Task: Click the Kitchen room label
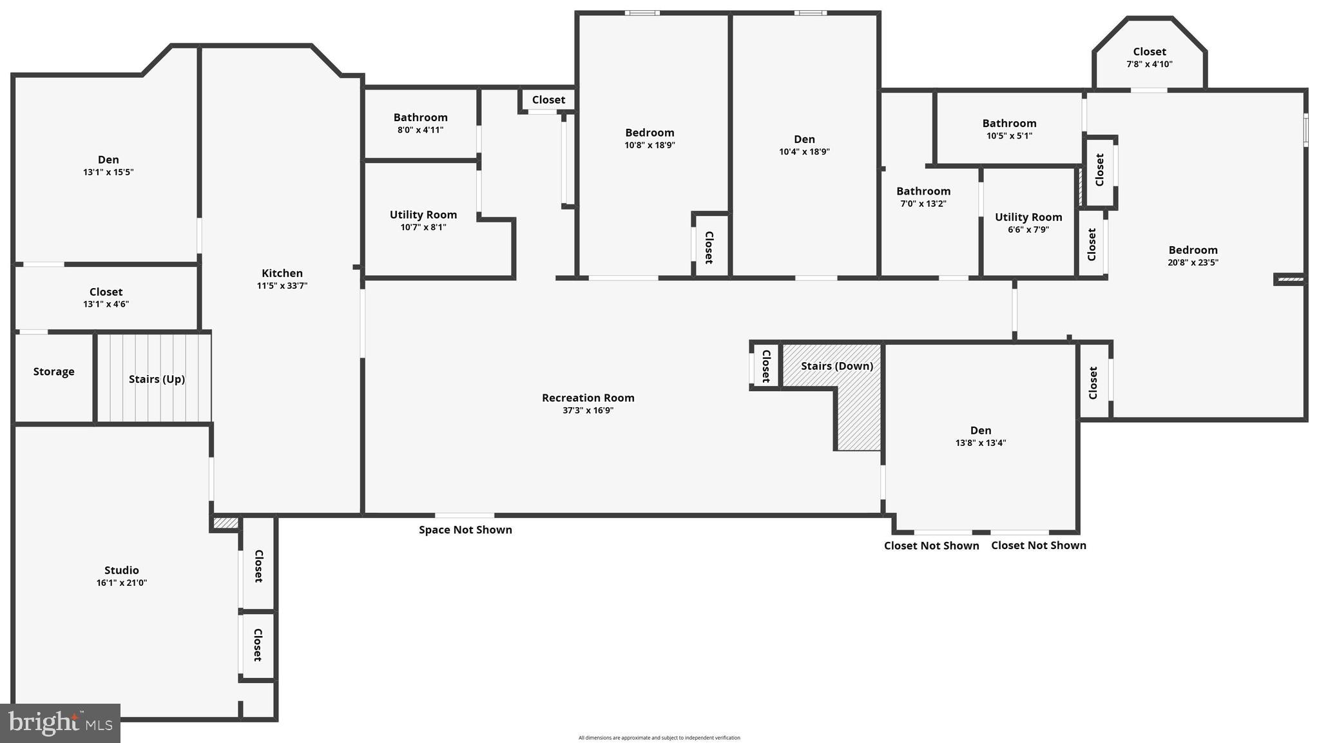(282, 273)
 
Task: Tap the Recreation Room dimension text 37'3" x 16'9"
(588, 410)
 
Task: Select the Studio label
(121, 570)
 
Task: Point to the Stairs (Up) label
(157, 379)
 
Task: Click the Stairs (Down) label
(837, 366)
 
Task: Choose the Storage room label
(53, 372)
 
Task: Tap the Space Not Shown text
(465, 530)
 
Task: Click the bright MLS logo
(60, 723)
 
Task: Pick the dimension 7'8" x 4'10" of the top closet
(1149, 64)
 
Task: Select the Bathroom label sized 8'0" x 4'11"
(420, 117)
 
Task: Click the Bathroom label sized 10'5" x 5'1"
(1009, 123)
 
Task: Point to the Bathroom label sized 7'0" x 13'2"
(923, 191)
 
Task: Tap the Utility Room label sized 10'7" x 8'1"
(423, 215)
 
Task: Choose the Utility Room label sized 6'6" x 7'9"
(1028, 217)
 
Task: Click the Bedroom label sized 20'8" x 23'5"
(1193, 250)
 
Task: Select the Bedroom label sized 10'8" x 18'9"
(650, 133)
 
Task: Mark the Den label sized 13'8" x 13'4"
(980, 430)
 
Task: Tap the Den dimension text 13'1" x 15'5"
(108, 172)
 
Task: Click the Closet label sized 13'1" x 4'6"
(106, 292)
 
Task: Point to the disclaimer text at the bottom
(659, 738)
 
